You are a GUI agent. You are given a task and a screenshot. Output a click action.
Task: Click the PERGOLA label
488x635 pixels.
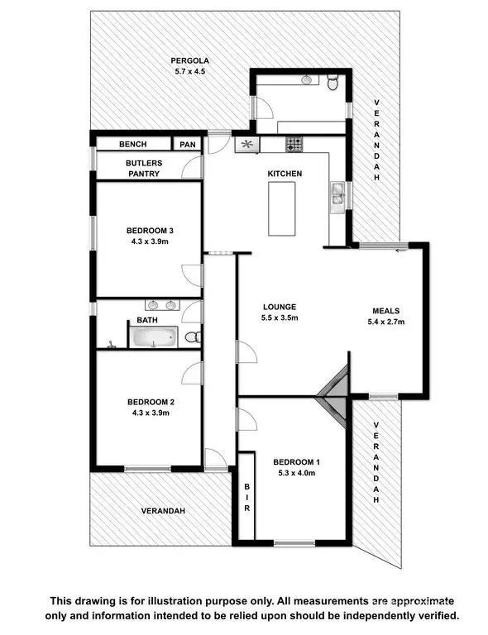coord(189,60)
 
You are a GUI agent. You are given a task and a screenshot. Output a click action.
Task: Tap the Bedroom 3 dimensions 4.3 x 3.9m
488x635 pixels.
coord(148,241)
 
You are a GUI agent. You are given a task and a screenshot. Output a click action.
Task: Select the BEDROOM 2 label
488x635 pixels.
coord(150,402)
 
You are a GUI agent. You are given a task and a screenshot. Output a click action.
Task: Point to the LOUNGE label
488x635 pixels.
coord(279,306)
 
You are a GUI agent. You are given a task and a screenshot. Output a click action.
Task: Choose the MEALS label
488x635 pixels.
coord(385,312)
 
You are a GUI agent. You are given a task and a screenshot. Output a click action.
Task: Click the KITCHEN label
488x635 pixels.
coord(284,174)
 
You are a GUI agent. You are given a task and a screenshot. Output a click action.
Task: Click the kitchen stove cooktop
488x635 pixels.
coord(294,145)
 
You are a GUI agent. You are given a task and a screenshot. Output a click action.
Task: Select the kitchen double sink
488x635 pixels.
coord(337,193)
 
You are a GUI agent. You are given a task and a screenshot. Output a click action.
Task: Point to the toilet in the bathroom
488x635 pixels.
coord(191,337)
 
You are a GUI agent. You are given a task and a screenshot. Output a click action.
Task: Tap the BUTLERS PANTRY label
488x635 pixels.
coord(144,169)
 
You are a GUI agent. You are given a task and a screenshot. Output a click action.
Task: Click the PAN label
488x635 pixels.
coord(188,144)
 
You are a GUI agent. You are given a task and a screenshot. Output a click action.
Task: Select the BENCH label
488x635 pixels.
coord(132,144)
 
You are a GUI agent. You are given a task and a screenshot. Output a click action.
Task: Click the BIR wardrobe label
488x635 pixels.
coord(246,498)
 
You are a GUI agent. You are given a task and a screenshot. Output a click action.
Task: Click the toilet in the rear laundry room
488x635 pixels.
coord(333,83)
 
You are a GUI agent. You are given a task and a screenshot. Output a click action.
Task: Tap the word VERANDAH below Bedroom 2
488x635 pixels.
coord(162,511)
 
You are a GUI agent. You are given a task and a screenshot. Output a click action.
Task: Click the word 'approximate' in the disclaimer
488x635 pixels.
coord(418,601)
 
